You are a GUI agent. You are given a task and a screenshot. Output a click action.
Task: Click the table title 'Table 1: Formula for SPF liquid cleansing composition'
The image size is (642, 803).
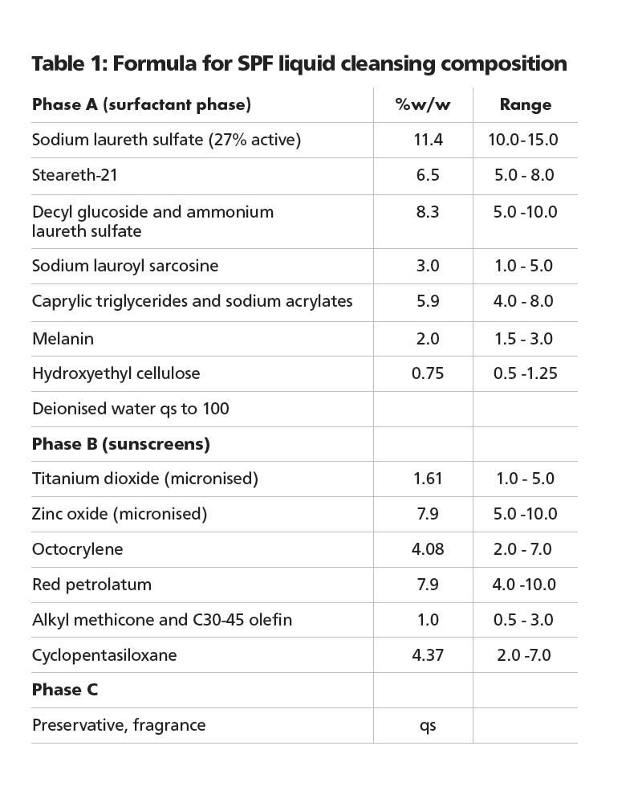pyautogui.click(x=299, y=63)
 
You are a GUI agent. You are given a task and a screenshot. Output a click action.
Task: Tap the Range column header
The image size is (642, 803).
pyautogui.click(x=525, y=105)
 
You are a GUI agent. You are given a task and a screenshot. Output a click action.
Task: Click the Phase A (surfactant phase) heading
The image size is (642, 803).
pyautogui.click(x=141, y=104)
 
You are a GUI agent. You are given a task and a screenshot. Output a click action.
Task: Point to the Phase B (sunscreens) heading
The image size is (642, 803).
pyautogui.click(x=121, y=443)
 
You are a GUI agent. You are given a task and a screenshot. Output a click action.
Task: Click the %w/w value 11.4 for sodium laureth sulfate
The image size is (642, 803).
pyautogui.click(x=428, y=140)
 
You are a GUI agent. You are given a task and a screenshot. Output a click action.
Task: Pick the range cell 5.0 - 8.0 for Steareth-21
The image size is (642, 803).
pyautogui.click(x=525, y=175)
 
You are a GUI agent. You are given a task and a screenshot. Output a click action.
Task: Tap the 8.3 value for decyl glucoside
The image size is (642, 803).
pyautogui.click(x=428, y=212)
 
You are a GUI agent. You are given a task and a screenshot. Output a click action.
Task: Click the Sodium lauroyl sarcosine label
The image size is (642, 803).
pyautogui.click(x=125, y=266)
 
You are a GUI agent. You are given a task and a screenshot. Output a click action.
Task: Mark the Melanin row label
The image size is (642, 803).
pyautogui.click(x=63, y=339)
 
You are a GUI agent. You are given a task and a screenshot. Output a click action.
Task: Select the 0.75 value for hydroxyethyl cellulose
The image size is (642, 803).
pyautogui.click(x=428, y=373)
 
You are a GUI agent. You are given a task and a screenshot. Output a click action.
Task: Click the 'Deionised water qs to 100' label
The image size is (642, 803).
pyautogui.click(x=131, y=409)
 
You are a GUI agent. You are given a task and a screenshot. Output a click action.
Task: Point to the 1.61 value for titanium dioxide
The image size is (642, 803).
pyautogui.click(x=428, y=479)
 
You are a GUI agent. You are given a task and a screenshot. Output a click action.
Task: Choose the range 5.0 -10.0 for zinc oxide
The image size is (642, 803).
pyautogui.click(x=525, y=514)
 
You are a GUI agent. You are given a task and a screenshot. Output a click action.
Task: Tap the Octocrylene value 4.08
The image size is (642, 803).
pyautogui.click(x=428, y=549)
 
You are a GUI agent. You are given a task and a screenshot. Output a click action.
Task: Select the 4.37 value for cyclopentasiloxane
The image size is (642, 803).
pyautogui.click(x=428, y=655)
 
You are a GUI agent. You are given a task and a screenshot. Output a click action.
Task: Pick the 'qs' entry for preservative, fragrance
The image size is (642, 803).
pyautogui.click(x=428, y=726)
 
